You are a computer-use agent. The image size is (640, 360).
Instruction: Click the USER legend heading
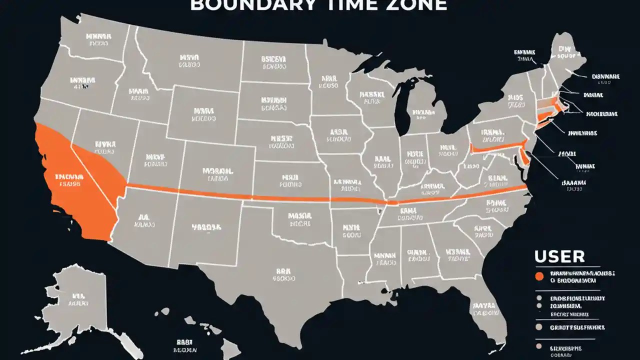tap(559, 256)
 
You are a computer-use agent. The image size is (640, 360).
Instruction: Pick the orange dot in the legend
tap(539, 276)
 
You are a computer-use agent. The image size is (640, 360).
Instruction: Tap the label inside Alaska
tap(78, 298)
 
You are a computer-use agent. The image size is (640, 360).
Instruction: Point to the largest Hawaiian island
tap(230, 347)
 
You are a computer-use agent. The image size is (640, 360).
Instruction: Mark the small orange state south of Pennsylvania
tap(523, 157)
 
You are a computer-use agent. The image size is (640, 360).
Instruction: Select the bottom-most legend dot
tap(538, 346)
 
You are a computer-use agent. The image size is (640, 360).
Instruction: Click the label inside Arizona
tap(144, 221)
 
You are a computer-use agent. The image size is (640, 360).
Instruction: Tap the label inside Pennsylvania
tap(491, 135)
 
